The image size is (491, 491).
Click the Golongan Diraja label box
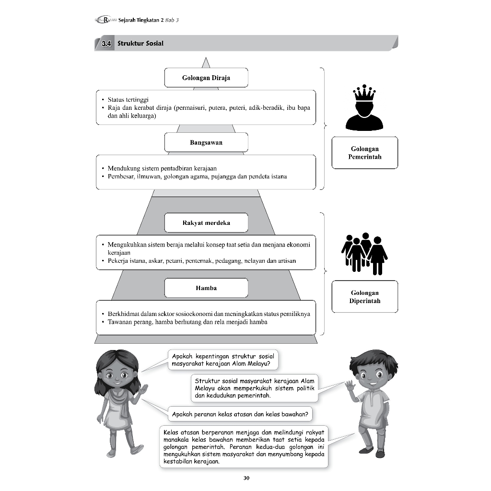click(206, 78)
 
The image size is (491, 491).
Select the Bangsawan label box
click(206, 142)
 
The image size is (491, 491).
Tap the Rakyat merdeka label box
click(206, 223)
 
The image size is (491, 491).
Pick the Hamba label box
click(206, 288)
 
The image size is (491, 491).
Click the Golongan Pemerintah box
click(364, 152)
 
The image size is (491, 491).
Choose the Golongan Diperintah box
click(364, 297)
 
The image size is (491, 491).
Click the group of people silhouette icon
click(364, 253)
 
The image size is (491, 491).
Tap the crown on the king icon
click(364, 93)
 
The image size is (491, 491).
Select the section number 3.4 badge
click(106, 44)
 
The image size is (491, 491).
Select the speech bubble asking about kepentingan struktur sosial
click(223, 360)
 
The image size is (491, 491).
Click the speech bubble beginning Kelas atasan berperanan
click(244, 446)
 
